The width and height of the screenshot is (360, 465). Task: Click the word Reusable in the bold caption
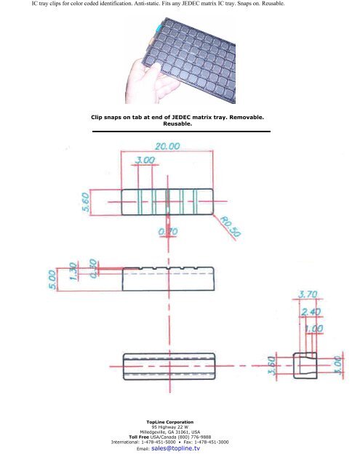[x=179, y=123]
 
